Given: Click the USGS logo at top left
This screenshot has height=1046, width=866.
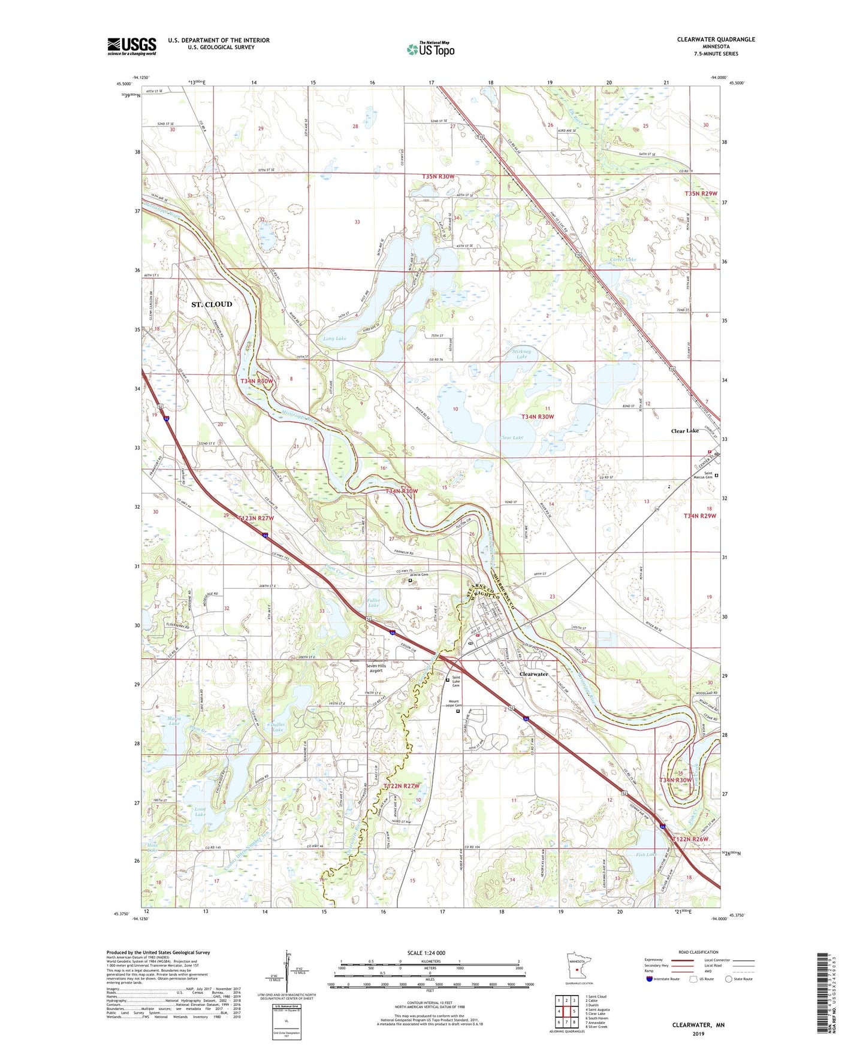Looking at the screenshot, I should [132, 46].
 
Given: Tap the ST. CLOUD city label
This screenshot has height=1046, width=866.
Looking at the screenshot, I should [211, 304].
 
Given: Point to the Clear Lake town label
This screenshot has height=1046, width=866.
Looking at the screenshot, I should [684, 431].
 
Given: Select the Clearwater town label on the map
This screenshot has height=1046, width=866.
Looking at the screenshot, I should [533, 674].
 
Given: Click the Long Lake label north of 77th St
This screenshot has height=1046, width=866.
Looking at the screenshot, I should [334, 338].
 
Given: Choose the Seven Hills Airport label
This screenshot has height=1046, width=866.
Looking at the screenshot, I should [376, 668].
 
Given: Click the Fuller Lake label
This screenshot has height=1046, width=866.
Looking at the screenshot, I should [373, 603].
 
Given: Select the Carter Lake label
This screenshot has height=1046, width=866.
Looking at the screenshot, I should [623, 259].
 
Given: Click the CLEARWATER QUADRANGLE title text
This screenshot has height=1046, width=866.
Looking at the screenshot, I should [716, 40].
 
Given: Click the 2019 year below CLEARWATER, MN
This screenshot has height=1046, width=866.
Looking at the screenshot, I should [698, 1033].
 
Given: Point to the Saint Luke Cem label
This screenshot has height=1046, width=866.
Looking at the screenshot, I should [456, 681].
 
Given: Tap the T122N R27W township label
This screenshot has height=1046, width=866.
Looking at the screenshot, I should [402, 785].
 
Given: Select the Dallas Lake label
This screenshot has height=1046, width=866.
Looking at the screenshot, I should [277, 727].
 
